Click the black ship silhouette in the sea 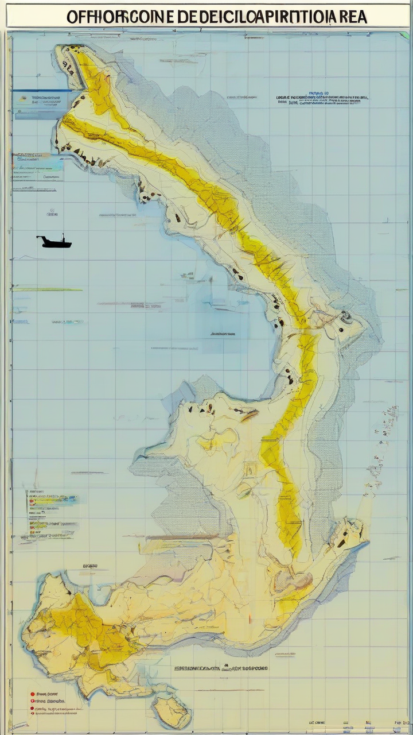click(54, 243)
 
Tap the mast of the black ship click(63, 235)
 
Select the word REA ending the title click(349, 17)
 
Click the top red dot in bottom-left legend click(32, 694)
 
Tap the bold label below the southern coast click(221, 668)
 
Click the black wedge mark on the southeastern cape click(342, 542)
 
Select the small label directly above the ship click(52, 214)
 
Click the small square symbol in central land click(250, 470)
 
